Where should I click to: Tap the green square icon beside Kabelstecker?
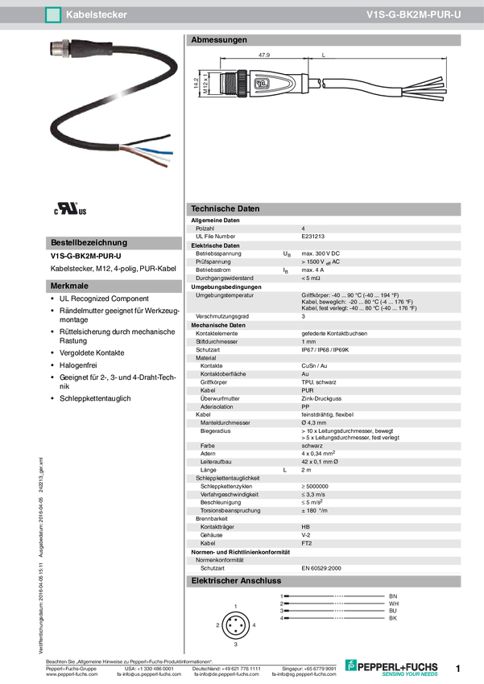[x=52, y=14]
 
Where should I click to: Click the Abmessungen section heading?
[x=219, y=40]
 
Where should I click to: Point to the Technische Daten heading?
[x=225, y=208]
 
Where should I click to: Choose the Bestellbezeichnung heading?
[x=89, y=242]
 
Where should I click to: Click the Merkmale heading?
[x=69, y=286]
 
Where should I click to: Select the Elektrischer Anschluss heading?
[x=236, y=580]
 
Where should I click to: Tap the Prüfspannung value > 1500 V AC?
[x=321, y=262]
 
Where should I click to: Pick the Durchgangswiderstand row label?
[x=225, y=278]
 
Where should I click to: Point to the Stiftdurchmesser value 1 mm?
[x=309, y=342]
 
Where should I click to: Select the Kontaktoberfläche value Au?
[x=305, y=374]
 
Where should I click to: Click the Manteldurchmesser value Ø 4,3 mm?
[x=314, y=422]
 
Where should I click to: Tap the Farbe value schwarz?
[x=312, y=446]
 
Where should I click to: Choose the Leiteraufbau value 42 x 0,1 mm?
[x=320, y=461]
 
